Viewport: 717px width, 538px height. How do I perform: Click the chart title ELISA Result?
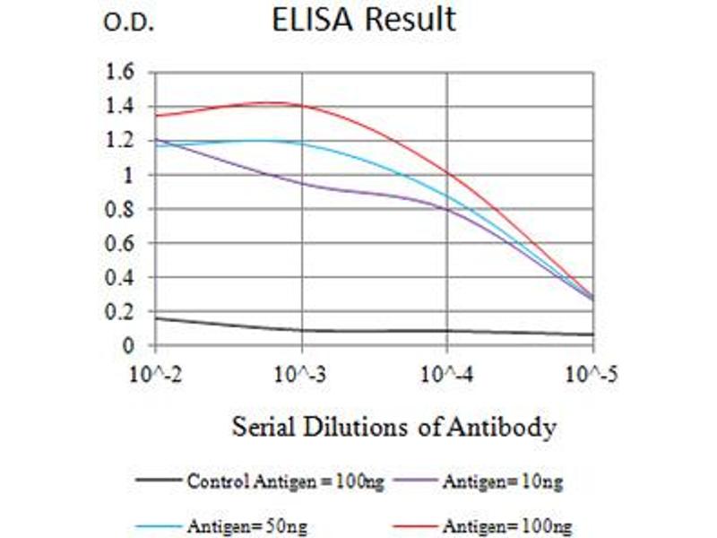364,21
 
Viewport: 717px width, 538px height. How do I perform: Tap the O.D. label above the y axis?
130,24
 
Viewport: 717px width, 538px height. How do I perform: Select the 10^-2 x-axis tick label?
156,373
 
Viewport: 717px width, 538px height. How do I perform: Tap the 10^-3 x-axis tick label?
302,373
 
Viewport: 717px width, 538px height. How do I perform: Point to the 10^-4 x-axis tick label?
447,373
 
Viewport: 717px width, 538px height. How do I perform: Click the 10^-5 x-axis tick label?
592,373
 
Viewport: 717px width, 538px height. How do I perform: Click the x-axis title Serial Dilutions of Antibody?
394,426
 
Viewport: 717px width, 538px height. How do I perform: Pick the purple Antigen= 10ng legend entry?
502,482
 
